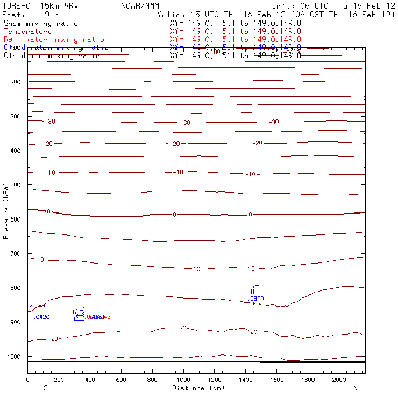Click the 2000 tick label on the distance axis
[339, 380]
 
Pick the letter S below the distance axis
[46, 388]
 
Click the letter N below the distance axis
[355, 388]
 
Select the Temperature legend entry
[27, 32]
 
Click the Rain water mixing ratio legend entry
[54, 40]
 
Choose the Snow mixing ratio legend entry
[40, 24]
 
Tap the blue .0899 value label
[256, 298]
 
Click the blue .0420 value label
[41, 317]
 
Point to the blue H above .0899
[252, 292]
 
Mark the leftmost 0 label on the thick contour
[48, 212]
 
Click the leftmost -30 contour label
[50, 122]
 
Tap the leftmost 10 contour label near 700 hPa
[40, 260]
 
